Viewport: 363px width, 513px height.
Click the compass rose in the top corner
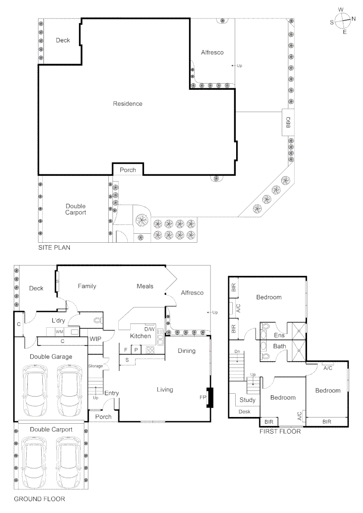[343, 20]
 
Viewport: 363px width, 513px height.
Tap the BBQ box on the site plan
[287, 123]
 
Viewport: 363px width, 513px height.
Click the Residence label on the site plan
[127, 104]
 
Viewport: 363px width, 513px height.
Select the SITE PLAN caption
[55, 248]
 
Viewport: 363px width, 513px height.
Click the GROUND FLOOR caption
[39, 499]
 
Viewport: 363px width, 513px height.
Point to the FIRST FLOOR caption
[280, 432]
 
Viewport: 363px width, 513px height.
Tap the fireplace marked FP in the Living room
[209, 398]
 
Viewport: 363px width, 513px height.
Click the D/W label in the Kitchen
[149, 329]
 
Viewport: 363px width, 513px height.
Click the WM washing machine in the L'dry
[60, 331]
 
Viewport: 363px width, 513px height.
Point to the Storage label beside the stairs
[95, 366]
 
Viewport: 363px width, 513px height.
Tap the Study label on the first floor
[247, 400]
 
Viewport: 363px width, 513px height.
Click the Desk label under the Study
[244, 412]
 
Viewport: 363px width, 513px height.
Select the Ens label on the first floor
[279, 335]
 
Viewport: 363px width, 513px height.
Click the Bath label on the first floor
[279, 346]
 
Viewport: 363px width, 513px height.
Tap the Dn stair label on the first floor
[237, 351]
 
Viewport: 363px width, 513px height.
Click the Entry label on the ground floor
[112, 393]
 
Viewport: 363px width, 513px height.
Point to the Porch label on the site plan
[127, 170]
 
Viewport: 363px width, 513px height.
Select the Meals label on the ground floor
[145, 286]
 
